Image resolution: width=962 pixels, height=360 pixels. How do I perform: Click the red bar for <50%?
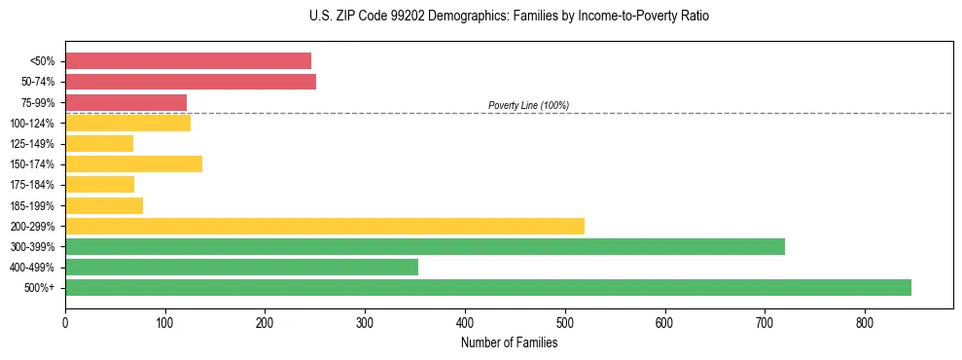188,61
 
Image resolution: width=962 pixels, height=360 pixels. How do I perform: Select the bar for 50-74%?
191,82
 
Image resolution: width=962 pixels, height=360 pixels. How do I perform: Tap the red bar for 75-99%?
125,102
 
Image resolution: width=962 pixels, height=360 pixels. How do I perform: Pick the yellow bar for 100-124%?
127,123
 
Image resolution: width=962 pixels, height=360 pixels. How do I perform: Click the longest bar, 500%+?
488,287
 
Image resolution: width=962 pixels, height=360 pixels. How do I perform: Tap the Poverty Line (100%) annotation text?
528,105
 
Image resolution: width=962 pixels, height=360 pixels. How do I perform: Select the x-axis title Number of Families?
509,342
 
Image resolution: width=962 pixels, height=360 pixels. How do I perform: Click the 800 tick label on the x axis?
865,322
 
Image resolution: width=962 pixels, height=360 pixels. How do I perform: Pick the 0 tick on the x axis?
65,322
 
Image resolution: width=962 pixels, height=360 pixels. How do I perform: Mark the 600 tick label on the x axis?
664,322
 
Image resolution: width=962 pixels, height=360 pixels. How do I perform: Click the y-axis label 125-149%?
33,144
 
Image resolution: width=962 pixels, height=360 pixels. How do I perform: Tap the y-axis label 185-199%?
33,205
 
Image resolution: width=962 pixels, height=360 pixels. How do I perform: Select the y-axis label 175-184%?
33,185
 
